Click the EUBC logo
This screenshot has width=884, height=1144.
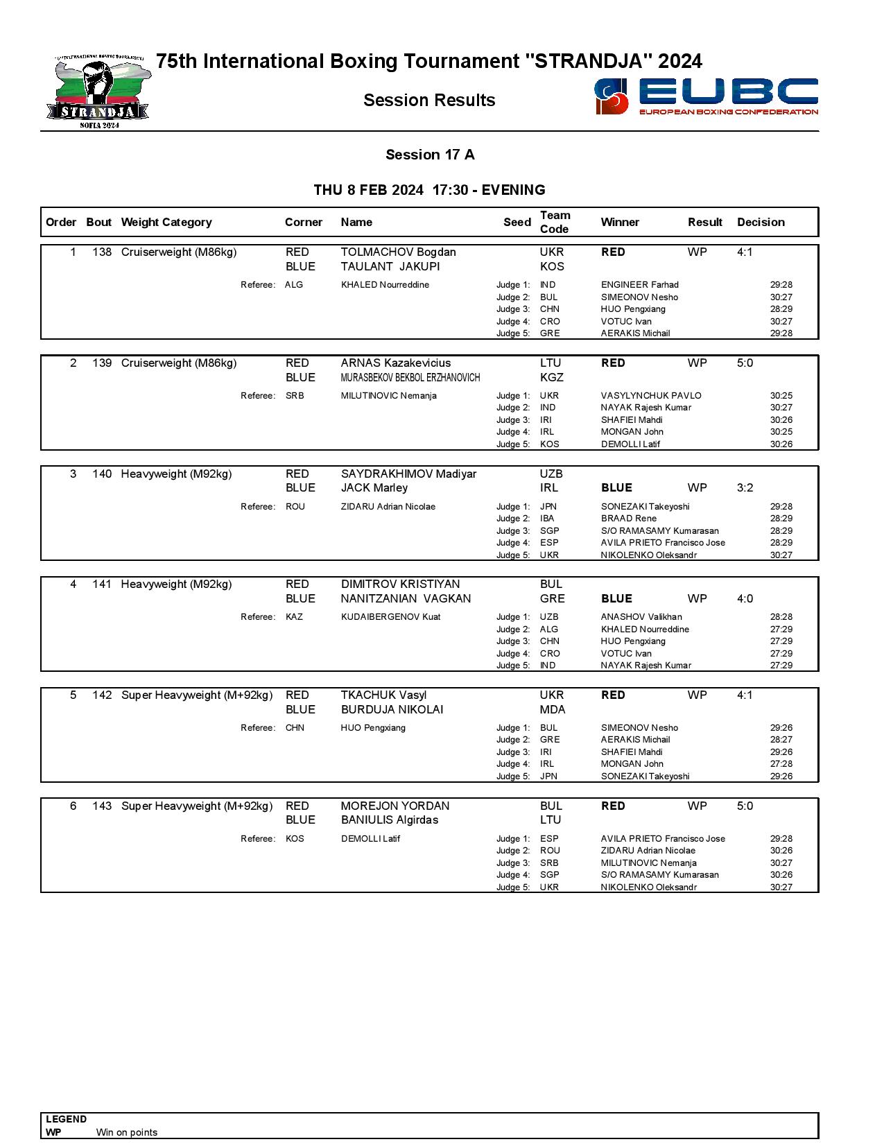[x=706, y=96]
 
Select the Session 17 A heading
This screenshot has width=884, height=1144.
[x=430, y=155]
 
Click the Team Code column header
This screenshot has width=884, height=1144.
[x=555, y=222]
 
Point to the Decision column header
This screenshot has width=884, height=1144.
[x=761, y=222]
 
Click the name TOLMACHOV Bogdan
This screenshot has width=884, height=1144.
[x=398, y=252]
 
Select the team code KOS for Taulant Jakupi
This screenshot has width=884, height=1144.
[x=552, y=267]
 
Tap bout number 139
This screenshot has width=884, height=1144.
[x=102, y=363]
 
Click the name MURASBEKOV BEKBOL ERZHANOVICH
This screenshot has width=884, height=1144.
[x=410, y=378]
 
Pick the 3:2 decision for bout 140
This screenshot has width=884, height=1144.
[x=745, y=488]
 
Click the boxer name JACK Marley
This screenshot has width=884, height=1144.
[x=374, y=488]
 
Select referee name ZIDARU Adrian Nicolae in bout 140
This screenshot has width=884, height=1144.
[x=388, y=507]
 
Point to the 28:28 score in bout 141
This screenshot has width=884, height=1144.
[x=781, y=617]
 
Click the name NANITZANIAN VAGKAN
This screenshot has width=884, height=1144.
[x=406, y=599]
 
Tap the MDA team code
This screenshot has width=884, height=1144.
[x=553, y=710]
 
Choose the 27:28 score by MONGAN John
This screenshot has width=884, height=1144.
[x=781, y=764]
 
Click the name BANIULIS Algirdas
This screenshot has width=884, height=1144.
[x=389, y=820]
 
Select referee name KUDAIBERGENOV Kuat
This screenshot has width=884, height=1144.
[x=390, y=617]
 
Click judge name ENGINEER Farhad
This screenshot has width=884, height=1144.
[x=639, y=285]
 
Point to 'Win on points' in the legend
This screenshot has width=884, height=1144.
[x=127, y=1132]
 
